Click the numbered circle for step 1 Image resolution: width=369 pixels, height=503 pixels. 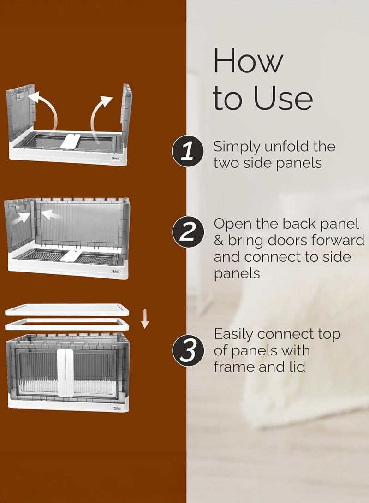188,152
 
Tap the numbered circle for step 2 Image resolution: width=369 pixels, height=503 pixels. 188,232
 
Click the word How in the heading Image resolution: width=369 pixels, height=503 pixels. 248,60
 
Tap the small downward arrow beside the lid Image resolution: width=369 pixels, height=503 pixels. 145,319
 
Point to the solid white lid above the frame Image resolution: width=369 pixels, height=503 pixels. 67,310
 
